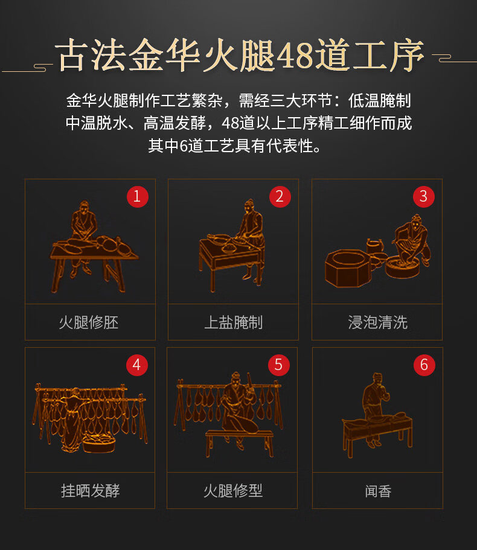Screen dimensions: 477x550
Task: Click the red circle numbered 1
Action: pos(137,196)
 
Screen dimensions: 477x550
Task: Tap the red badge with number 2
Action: pos(280,196)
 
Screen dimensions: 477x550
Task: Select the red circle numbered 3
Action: pos(424,196)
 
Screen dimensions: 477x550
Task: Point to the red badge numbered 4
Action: pos(137,365)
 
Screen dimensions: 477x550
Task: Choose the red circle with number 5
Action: pos(279,365)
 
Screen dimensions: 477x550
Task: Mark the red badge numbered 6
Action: pos(424,365)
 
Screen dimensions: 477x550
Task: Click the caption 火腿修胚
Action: pos(89,322)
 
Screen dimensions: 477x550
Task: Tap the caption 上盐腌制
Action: pos(233,322)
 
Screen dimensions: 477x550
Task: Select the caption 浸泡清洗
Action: pos(378,322)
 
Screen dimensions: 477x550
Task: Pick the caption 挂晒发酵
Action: pos(90,491)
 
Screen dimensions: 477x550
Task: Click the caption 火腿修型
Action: pos(233,491)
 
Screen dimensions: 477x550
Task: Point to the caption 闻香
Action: pos(378,491)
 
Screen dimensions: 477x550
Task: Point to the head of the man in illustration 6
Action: pos(377,379)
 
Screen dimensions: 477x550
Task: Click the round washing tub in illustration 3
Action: pos(402,267)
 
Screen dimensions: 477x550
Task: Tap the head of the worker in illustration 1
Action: pos(84,207)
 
